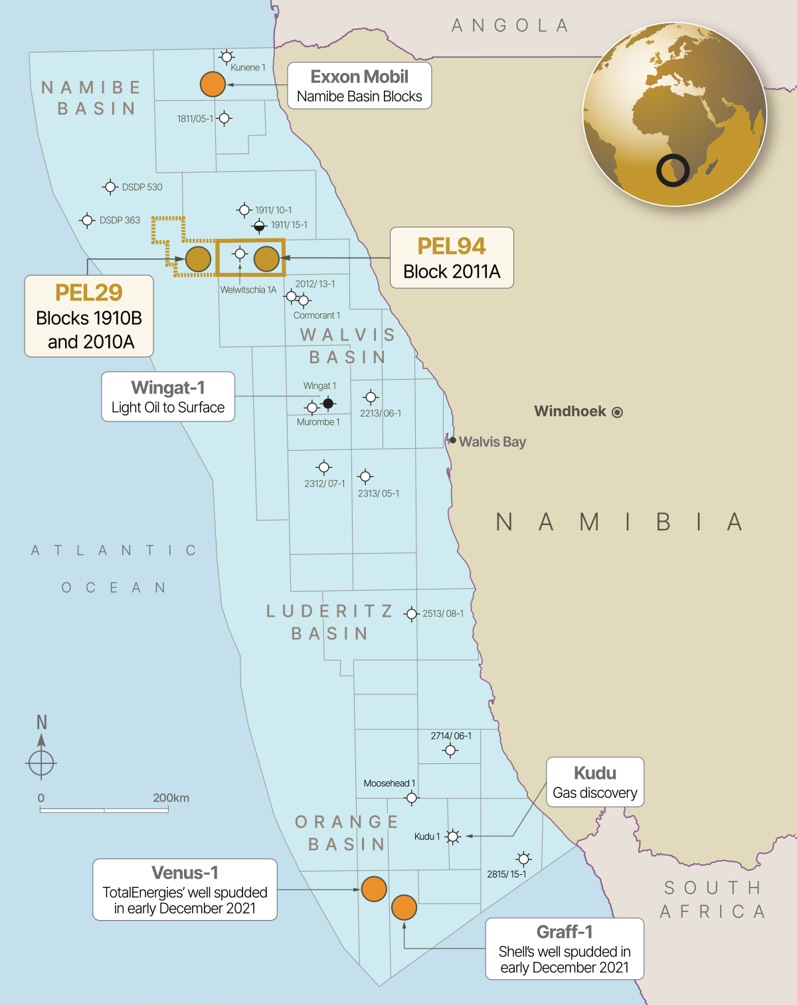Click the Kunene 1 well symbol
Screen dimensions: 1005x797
point(226,56)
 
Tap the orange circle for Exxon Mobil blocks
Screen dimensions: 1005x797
point(213,84)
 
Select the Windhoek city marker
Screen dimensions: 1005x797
point(617,412)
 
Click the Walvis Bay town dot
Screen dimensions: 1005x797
point(453,440)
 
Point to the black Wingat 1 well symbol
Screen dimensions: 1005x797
point(328,403)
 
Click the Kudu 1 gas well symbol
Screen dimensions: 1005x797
point(453,836)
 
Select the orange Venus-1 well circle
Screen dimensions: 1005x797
point(374,889)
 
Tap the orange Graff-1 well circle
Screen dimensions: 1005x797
point(404,907)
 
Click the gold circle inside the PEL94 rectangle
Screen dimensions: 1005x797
point(266,259)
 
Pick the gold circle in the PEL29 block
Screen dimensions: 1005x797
point(198,259)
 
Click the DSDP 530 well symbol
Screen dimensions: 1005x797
point(110,187)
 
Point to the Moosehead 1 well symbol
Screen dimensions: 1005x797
point(412,797)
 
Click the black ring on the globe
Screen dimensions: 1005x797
point(673,171)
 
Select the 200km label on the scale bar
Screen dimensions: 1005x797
point(171,798)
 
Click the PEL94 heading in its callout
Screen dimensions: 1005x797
point(452,246)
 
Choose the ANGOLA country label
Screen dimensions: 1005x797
point(510,26)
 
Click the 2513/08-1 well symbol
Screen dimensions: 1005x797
point(412,614)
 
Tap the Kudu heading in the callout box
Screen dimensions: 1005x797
point(595,773)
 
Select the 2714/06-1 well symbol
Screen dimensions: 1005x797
point(450,751)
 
